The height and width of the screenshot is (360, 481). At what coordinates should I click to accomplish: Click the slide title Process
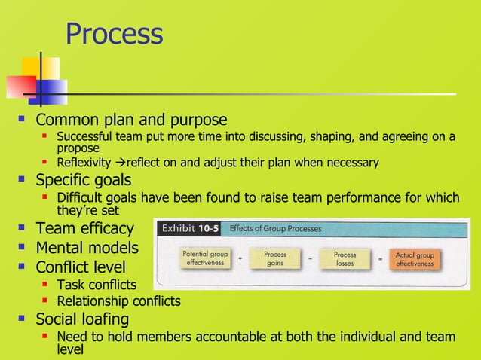(x=114, y=34)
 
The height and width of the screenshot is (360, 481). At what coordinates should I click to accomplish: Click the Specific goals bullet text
(x=84, y=181)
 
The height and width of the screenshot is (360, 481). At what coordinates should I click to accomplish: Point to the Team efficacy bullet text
(x=85, y=228)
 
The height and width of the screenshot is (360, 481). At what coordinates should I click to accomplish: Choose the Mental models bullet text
(x=87, y=247)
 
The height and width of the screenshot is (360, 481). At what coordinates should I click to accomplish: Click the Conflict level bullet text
(x=81, y=267)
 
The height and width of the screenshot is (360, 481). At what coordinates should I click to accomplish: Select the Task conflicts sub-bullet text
(x=97, y=285)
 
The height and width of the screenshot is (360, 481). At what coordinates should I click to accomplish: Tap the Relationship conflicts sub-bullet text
(x=118, y=301)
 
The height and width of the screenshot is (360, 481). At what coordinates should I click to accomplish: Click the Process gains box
(x=274, y=259)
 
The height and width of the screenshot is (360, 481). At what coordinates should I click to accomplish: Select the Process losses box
(x=345, y=259)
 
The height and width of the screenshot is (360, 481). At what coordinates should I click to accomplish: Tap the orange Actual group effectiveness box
(x=415, y=259)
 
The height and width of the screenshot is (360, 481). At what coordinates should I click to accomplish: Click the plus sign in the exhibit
(x=240, y=259)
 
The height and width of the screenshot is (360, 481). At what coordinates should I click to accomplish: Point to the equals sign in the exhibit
(x=381, y=259)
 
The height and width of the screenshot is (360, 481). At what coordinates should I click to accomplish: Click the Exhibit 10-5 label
(x=188, y=228)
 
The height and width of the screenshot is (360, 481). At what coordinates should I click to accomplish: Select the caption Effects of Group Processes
(x=275, y=228)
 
